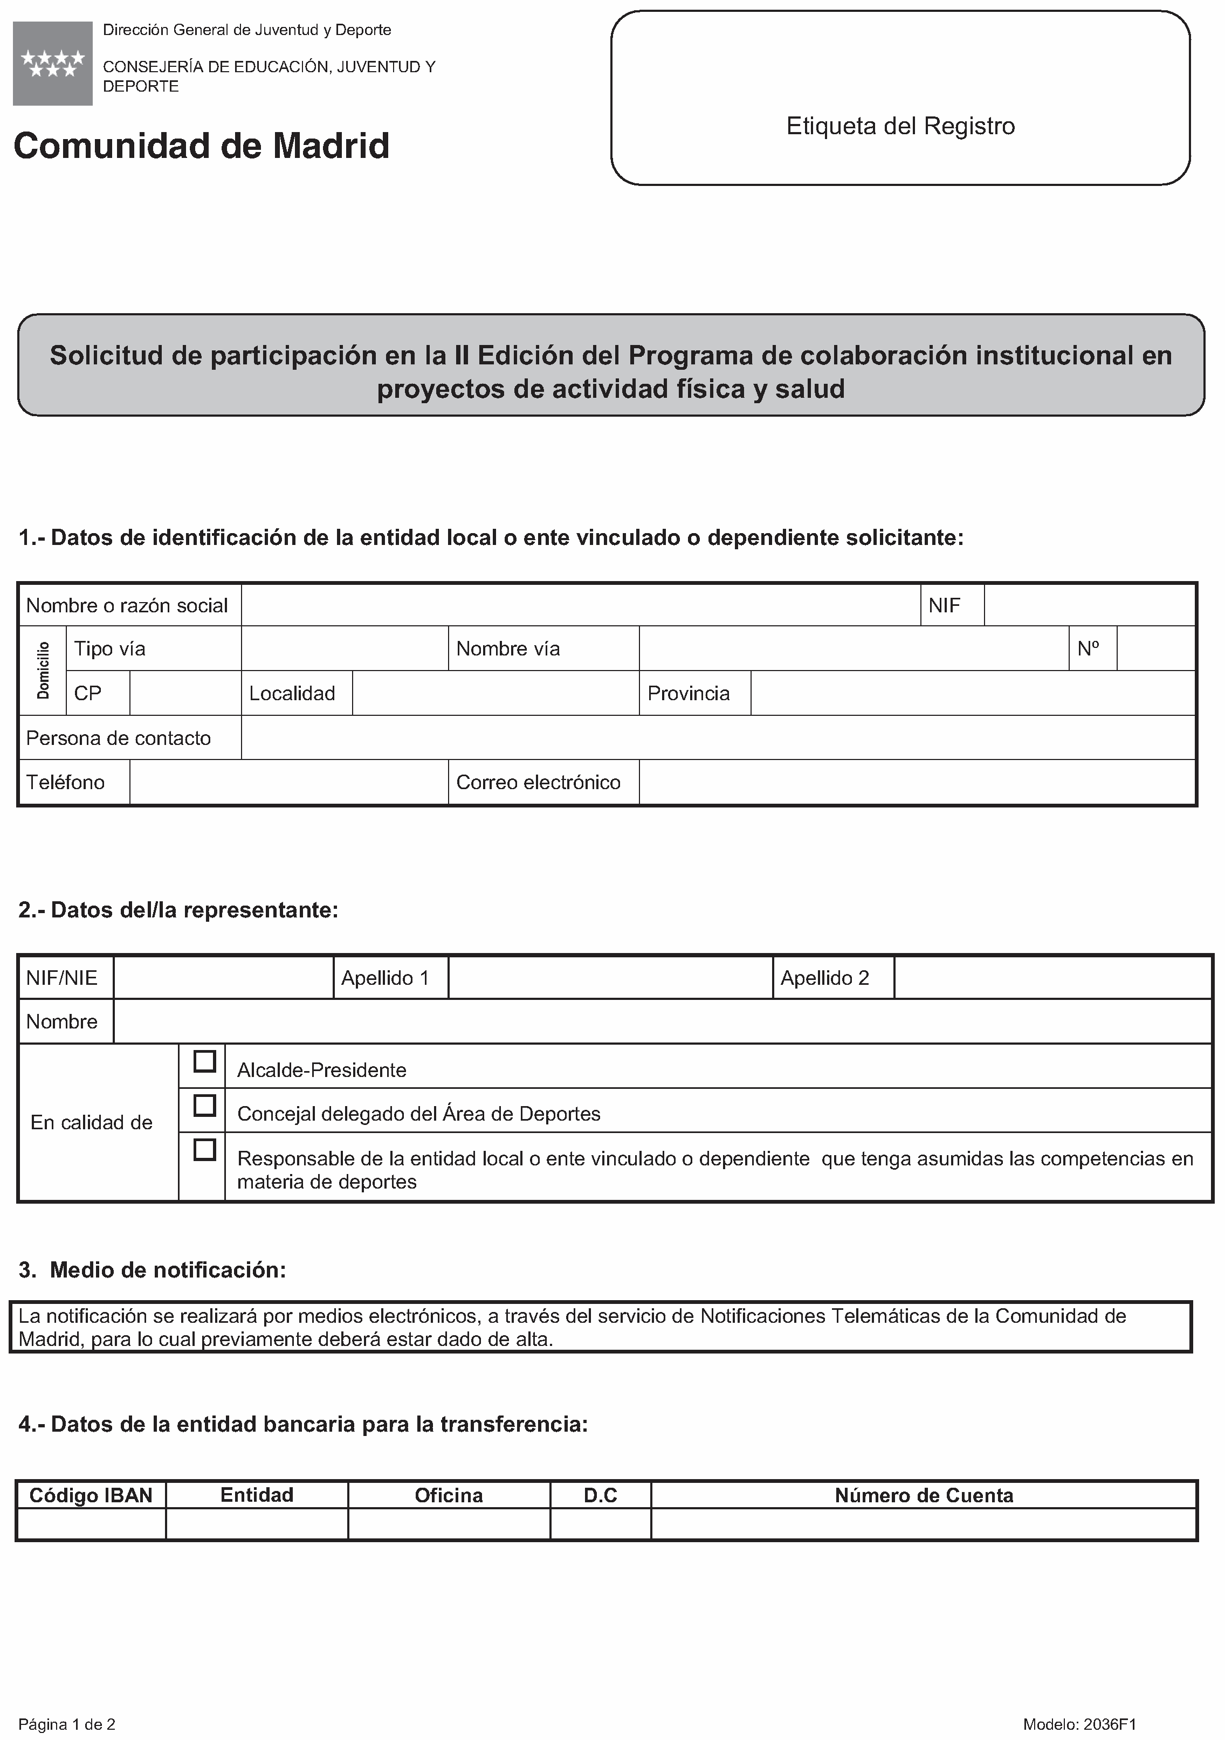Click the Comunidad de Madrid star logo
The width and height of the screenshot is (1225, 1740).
(52, 64)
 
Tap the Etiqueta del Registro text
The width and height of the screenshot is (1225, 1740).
(900, 126)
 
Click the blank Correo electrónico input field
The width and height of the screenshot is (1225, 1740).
(917, 782)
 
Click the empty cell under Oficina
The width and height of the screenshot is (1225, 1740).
(449, 1524)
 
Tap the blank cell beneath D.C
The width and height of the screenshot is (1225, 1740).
(601, 1524)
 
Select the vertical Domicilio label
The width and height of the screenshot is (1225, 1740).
(43, 670)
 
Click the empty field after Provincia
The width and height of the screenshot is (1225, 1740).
(973, 693)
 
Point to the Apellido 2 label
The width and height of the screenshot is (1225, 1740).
(825, 978)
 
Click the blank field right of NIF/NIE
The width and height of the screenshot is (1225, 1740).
(224, 978)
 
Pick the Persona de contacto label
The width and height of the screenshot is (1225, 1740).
(118, 738)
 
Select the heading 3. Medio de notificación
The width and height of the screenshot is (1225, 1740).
(153, 1269)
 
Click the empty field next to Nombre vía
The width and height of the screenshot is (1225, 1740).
(854, 648)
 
